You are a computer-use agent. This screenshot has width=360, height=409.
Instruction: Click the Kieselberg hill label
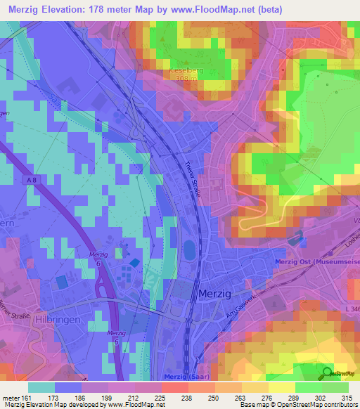pyautogui.click(x=186, y=71)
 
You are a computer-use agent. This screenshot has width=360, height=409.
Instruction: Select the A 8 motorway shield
pyautogui.click(x=33, y=180)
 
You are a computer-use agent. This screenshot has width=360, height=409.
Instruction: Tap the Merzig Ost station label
pyautogui.click(x=314, y=263)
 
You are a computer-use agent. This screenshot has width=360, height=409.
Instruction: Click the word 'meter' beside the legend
pyautogui.click(x=11, y=397)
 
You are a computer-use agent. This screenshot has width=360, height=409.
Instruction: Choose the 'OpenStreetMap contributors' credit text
pyautogui.click(x=318, y=405)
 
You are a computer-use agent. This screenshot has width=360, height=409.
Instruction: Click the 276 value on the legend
pyautogui.click(x=268, y=397)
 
